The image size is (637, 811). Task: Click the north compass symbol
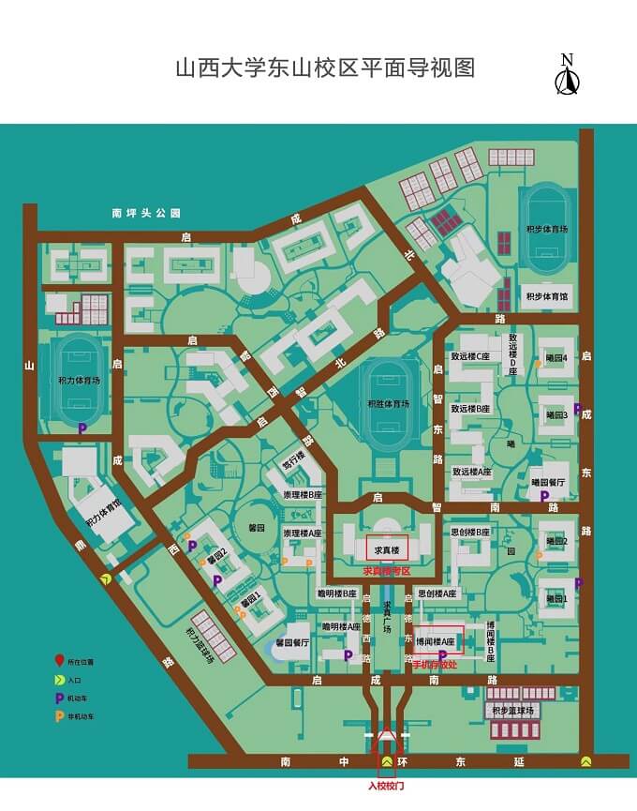pos(566,76)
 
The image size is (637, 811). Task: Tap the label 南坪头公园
pos(144,214)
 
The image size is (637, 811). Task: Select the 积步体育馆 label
pos(546,296)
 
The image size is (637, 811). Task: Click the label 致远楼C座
pos(471,357)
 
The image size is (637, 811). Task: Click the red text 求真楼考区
pos(387,571)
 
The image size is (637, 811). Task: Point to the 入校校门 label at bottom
pos(386,786)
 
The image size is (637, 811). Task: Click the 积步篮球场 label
pos(512,712)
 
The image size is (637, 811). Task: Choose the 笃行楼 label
pos(294,463)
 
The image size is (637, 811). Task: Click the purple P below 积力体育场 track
pos(82,428)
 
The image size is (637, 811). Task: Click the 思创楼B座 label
pos(470,533)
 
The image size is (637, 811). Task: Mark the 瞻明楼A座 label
pos(341,626)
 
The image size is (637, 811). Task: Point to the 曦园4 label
pos(556,357)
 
